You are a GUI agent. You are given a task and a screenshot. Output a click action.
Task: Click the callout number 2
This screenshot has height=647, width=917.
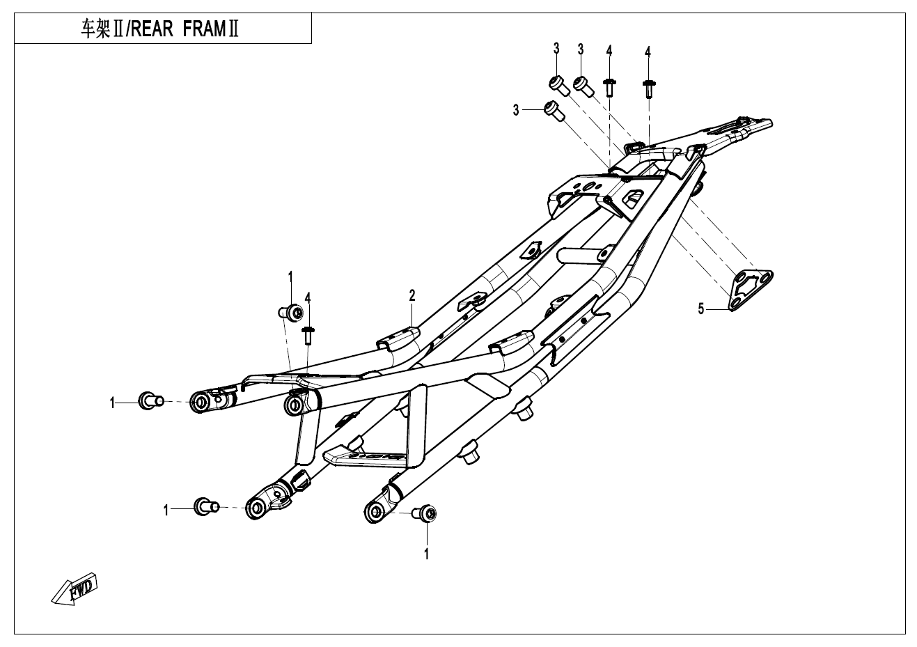click(412, 296)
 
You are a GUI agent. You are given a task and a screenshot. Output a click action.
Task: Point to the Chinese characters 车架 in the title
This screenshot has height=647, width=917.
click(97, 31)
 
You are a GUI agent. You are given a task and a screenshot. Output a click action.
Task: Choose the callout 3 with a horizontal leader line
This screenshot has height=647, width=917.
click(516, 110)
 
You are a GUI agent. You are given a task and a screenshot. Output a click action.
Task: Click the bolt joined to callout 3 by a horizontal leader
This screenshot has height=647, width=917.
click(553, 110)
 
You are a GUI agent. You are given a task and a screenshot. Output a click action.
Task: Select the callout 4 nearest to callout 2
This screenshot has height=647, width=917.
click(307, 298)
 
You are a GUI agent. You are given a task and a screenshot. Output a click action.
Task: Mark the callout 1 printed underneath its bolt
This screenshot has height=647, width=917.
click(426, 554)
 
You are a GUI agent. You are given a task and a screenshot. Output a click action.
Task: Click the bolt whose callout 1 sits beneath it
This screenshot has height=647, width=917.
click(425, 515)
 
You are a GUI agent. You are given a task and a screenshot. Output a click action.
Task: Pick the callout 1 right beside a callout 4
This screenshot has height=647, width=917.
click(291, 277)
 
